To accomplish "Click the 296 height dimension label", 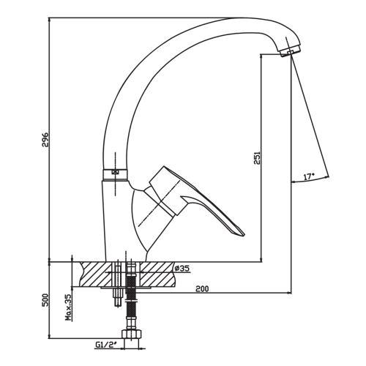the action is (45, 140).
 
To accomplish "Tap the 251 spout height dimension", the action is (257, 158).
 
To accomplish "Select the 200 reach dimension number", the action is (202, 288).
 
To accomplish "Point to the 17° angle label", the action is (309, 176).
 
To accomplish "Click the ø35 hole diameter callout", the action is (182, 269).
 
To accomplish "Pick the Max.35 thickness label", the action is (69, 307).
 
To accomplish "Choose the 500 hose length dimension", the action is (45, 300).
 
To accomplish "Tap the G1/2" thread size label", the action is (106, 345).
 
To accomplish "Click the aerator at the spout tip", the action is (290, 51).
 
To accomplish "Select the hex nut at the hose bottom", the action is (132, 334).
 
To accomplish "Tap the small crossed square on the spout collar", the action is (115, 172).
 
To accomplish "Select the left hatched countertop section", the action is (97, 274).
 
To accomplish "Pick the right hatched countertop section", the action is (158, 274).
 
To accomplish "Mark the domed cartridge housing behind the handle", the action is (141, 220).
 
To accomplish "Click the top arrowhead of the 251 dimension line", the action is (261, 56).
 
